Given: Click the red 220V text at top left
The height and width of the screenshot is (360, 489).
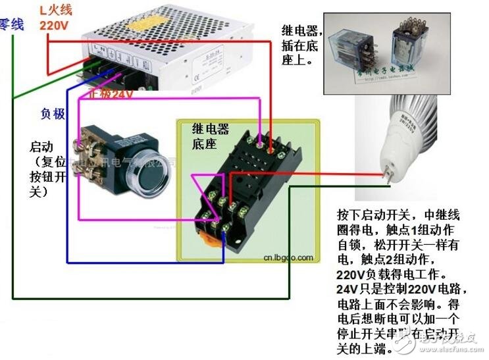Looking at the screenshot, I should click(54, 25).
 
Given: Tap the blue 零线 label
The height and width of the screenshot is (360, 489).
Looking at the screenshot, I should click(11, 25).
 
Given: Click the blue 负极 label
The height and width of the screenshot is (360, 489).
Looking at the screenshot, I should click(53, 113).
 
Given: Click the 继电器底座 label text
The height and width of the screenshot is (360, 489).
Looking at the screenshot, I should click(210, 136).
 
